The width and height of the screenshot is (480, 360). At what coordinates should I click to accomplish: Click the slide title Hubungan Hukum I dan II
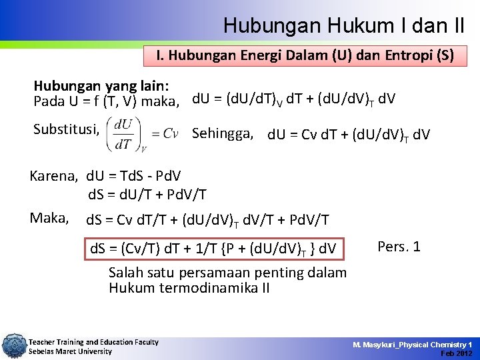click(x=344, y=25)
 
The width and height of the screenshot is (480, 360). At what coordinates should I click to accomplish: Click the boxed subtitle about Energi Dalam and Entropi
click(x=305, y=56)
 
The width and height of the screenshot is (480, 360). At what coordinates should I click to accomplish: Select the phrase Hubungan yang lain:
click(x=101, y=87)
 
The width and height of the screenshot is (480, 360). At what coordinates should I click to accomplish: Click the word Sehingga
click(x=223, y=133)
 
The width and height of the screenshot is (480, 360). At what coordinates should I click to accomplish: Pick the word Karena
click(x=53, y=176)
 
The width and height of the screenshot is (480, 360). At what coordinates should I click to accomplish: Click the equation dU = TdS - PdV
click(x=133, y=177)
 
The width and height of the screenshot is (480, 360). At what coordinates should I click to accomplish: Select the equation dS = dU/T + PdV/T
click(x=147, y=195)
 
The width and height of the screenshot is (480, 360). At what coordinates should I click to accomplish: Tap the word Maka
click(x=49, y=217)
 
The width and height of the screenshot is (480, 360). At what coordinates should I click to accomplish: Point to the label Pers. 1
click(x=399, y=247)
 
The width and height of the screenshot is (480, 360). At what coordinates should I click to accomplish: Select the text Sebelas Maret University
click(x=70, y=351)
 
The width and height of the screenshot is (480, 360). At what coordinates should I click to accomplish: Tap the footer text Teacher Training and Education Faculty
click(x=93, y=342)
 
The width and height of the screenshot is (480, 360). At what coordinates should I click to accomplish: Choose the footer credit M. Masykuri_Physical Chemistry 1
click(x=413, y=344)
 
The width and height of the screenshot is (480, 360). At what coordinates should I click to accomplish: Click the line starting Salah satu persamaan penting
click(x=227, y=273)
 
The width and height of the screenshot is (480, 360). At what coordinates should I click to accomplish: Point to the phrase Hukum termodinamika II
click(x=189, y=288)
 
